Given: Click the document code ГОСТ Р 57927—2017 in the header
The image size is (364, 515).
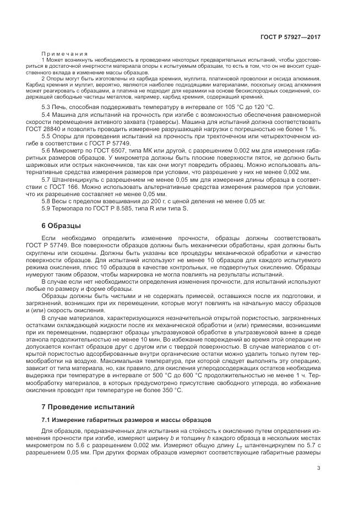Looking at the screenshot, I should click(291, 37).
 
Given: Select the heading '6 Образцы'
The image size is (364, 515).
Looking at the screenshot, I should click(61, 225).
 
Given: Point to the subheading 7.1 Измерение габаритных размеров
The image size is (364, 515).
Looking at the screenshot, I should click(122, 420).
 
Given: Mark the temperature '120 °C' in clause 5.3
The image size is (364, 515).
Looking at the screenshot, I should click(262, 106).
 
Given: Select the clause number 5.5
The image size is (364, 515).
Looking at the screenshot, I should click(46, 135).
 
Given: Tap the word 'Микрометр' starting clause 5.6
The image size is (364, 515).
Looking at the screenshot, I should click(68, 149).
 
